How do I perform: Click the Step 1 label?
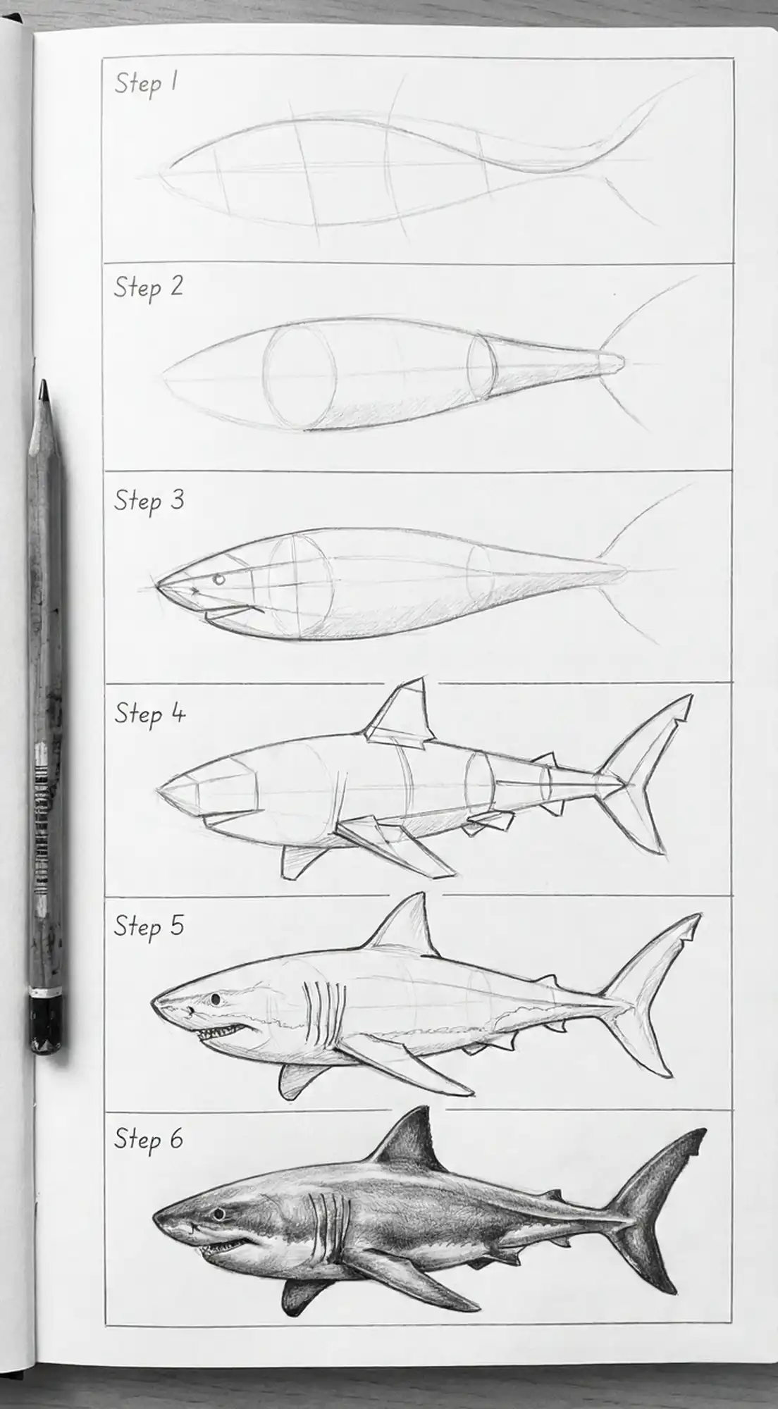click(x=146, y=84)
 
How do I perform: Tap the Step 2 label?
click(x=148, y=287)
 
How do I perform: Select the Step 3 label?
click(x=149, y=501)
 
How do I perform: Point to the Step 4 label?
click(x=149, y=714)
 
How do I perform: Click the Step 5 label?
click(x=149, y=926)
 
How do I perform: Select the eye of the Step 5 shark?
click(x=214, y=999)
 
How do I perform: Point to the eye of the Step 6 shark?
click(x=219, y=1214)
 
